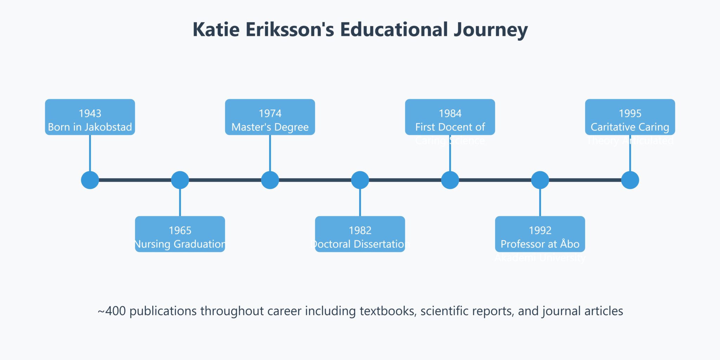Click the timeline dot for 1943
[x=90, y=180]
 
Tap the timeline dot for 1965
[x=180, y=180]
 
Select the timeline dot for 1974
[x=270, y=180]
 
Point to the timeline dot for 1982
[x=360, y=180]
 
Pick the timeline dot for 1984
[x=450, y=180]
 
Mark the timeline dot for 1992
[x=540, y=180]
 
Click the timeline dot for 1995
[x=630, y=180]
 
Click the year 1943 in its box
[x=90, y=114]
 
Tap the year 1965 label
[x=180, y=231]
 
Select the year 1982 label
[x=360, y=231]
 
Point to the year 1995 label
[x=630, y=114]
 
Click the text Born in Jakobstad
[x=90, y=127]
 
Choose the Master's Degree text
[x=270, y=127]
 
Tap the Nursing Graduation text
[x=180, y=244]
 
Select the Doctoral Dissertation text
[x=360, y=244]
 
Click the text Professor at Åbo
[x=540, y=244]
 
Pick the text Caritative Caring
[x=630, y=127]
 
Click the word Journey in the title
[x=490, y=30]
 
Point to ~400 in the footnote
[x=112, y=311]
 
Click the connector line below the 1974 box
[x=270, y=153]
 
